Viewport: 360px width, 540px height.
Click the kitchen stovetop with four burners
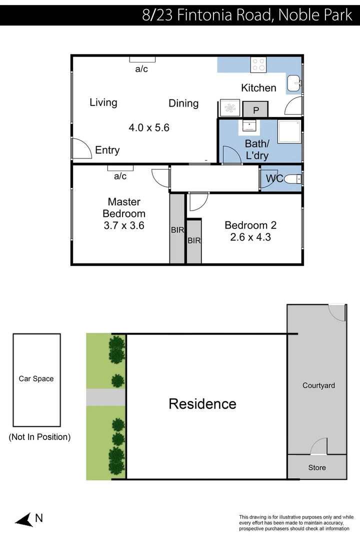click(x=258, y=64)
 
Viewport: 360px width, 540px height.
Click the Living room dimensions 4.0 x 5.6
click(x=149, y=127)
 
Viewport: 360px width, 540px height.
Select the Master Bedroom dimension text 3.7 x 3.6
click(x=124, y=225)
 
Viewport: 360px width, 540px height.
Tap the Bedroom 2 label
click(x=250, y=225)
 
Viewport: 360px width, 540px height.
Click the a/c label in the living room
click(x=141, y=69)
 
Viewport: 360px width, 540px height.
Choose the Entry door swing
click(x=81, y=149)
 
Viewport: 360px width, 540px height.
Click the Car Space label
click(x=36, y=378)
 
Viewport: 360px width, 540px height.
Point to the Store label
click(x=316, y=467)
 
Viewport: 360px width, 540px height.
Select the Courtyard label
click(x=318, y=385)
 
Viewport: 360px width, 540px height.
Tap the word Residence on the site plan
click(x=202, y=403)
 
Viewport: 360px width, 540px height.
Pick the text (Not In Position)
click(x=39, y=436)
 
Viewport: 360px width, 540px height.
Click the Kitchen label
click(x=258, y=88)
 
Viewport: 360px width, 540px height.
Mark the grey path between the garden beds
click(x=105, y=397)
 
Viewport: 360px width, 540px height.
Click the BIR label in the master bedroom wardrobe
click(x=177, y=230)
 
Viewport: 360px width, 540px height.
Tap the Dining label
click(x=183, y=103)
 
